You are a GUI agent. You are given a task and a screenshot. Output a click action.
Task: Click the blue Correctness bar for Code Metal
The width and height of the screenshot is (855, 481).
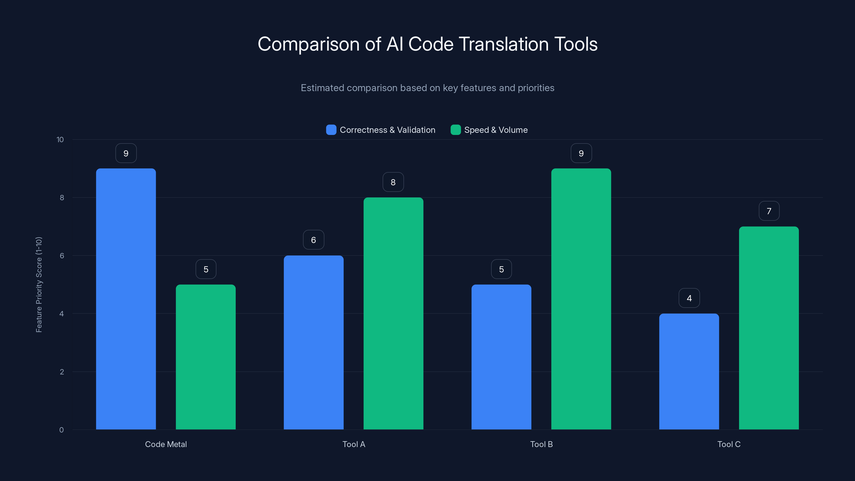126,299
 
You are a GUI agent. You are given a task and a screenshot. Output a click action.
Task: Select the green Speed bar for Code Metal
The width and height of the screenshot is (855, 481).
205,357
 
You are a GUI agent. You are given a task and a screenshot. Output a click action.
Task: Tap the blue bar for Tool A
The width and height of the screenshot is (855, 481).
313,342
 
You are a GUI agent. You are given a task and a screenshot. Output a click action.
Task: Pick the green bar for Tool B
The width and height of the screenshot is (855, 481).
581,299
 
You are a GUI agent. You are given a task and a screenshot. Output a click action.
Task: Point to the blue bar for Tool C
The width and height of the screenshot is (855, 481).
689,371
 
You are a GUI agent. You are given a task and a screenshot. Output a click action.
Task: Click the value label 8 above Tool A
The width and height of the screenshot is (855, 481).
393,182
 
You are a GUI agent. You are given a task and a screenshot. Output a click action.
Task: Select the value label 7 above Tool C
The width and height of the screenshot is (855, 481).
769,211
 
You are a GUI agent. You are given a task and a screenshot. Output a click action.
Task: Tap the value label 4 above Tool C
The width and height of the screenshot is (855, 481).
689,298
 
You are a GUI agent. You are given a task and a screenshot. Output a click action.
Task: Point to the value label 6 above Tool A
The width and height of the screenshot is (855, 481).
313,240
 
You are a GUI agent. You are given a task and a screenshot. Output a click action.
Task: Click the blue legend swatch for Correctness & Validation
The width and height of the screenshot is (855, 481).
331,130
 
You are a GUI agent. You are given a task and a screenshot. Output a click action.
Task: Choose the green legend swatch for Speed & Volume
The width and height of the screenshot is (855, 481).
455,130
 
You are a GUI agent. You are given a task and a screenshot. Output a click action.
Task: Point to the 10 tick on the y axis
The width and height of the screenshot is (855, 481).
60,139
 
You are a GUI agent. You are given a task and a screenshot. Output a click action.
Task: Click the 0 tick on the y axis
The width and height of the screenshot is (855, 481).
61,430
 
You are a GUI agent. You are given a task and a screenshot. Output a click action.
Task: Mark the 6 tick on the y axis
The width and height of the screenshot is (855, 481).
62,256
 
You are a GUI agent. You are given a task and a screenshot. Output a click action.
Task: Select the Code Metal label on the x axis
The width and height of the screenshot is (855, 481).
166,444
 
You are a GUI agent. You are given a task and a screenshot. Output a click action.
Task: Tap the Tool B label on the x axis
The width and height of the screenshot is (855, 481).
541,444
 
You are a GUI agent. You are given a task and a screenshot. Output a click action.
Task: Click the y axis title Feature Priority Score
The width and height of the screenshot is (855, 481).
39,285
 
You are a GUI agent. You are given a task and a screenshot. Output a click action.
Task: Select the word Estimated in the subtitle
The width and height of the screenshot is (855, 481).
322,88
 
